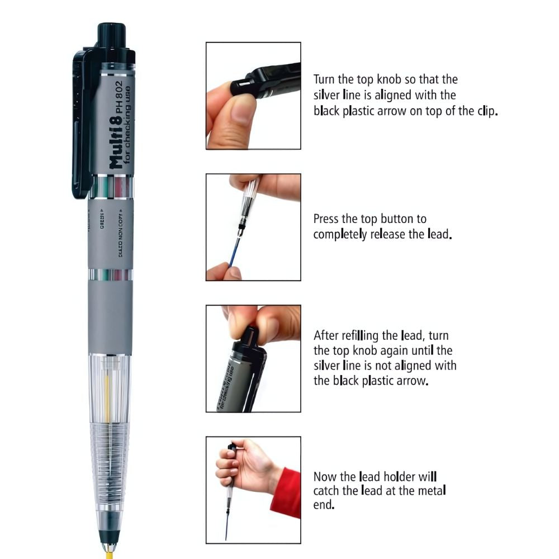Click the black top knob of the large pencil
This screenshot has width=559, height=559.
point(112,36)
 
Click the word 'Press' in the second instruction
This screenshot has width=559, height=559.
point(326,219)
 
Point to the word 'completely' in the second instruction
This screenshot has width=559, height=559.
point(340,235)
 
